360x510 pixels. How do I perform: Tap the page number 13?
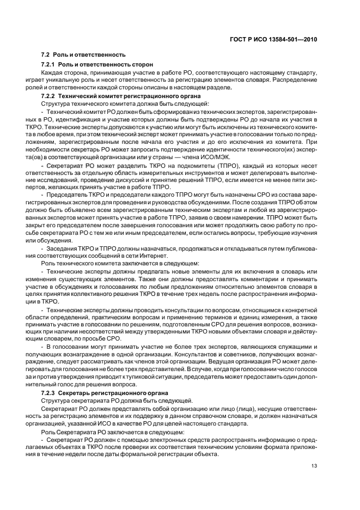click(315, 465)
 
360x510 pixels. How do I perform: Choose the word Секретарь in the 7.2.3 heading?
click(78, 393)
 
